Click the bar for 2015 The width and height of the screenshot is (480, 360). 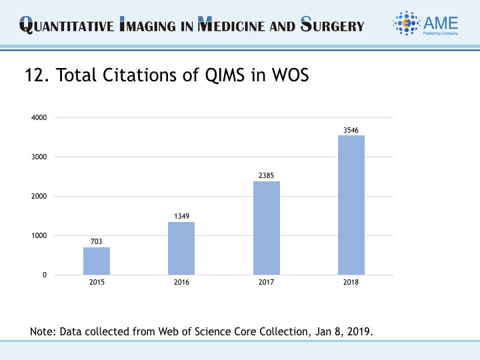tap(97, 261)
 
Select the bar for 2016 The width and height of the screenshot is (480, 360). tap(181, 248)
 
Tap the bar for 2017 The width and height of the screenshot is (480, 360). tap(267, 228)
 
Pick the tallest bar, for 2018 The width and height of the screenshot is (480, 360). tap(351, 205)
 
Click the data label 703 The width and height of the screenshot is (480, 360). tap(97, 241)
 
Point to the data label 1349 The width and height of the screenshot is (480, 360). tap(181, 216)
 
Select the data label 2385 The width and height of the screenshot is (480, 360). tap(267, 175)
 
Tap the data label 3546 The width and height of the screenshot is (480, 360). tap(351, 129)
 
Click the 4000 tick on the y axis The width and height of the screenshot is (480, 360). tap(39, 118)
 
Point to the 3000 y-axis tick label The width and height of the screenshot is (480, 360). tap(39, 157)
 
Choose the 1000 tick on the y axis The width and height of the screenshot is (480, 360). tap(39, 236)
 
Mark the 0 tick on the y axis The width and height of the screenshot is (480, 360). tap(44, 275)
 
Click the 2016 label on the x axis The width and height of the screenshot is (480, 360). tap(181, 283)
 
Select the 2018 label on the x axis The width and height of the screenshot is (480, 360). tap(351, 283)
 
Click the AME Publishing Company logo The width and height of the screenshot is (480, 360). tap(426, 25)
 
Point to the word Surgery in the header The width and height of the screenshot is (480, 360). tap(333, 27)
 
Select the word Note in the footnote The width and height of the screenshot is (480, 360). tap(42, 331)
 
